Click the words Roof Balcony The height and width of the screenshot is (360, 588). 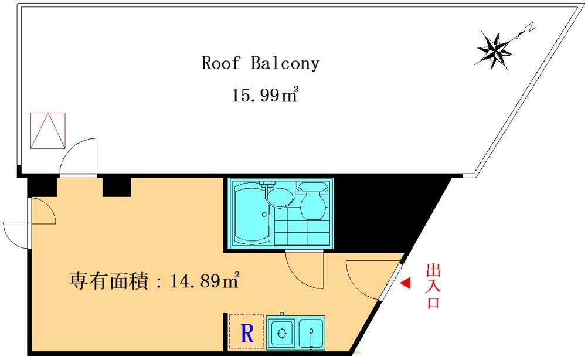[x=260, y=63]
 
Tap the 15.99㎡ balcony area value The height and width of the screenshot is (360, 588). [x=265, y=94]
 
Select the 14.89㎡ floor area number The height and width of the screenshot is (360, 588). [x=205, y=280]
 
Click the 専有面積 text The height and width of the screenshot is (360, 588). [x=108, y=280]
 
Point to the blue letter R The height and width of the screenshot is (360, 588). [x=247, y=332]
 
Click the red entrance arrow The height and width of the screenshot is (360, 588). [x=405, y=283]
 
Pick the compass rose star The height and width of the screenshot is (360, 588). [x=495, y=51]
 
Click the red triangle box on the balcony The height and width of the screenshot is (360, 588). [x=48, y=131]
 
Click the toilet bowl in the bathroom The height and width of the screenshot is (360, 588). [x=312, y=205]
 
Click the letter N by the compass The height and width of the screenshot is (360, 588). [x=531, y=27]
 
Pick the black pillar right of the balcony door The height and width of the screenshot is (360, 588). [x=117, y=187]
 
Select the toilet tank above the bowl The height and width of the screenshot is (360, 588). [x=312, y=186]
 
